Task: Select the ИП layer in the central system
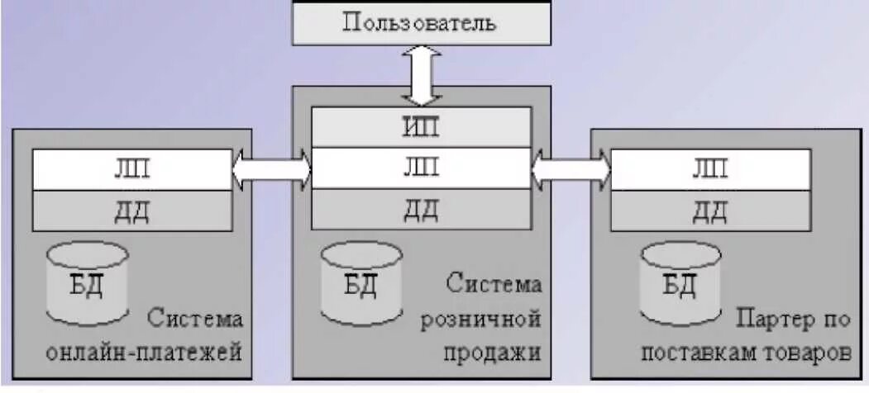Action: [420, 127]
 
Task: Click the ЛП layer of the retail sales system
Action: [420, 168]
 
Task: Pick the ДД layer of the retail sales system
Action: [420, 209]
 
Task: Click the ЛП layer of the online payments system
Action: [131, 170]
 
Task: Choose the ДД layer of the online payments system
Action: [131, 211]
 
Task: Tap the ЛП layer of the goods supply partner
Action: [709, 169]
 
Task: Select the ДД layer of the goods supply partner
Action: [709, 211]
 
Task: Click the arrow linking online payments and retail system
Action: [272, 169]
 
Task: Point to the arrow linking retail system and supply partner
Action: [571, 169]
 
